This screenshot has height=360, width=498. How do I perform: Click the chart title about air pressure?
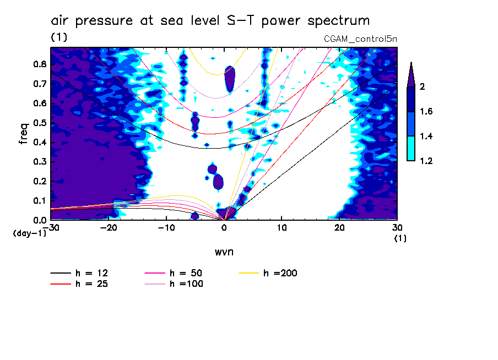(210, 21)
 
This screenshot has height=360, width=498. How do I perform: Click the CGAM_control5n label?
(360, 39)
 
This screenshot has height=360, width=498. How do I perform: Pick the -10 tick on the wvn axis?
(166, 227)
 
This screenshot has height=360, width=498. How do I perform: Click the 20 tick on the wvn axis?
(339, 227)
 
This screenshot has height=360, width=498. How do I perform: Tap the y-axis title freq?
(23, 134)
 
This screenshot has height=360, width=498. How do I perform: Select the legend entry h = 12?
(91, 272)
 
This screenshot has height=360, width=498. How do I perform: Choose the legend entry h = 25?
(91, 284)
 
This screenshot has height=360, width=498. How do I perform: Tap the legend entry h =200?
(280, 272)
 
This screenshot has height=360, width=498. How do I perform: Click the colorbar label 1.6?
(427, 112)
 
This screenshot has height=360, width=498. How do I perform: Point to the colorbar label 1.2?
(427, 161)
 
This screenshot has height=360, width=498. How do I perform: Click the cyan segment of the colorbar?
(411, 148)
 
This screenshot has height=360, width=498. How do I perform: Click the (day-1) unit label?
(29, 233)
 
